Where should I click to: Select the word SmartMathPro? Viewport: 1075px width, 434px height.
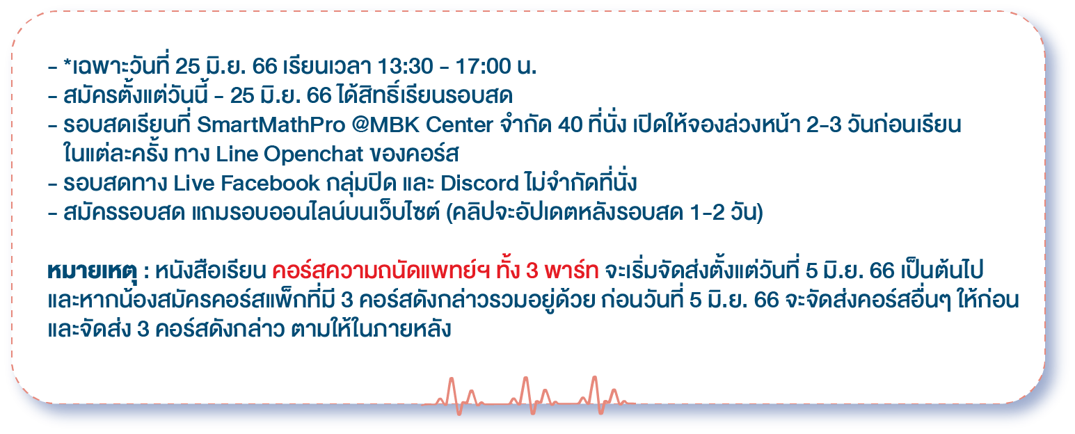[271, 124]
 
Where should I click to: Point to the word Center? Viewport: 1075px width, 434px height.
[459, 124]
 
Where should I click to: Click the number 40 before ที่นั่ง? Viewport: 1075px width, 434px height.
[570, 124]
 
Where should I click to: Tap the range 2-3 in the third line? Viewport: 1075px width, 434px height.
[824, 124]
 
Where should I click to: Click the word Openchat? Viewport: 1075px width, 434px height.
[313, 155]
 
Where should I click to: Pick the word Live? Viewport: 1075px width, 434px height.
[193, 183]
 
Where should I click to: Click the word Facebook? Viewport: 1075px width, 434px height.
[270, 183]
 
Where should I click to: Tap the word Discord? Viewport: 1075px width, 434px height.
[479, 183]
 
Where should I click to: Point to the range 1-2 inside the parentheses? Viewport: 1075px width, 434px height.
[708, 212]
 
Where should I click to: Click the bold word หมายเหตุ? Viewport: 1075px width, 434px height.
[92, 271]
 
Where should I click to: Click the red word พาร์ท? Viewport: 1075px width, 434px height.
[571, 271]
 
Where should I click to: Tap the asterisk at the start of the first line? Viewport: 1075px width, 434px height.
[67, 63]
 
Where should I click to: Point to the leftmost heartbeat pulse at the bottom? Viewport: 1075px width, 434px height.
[459, 396]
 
